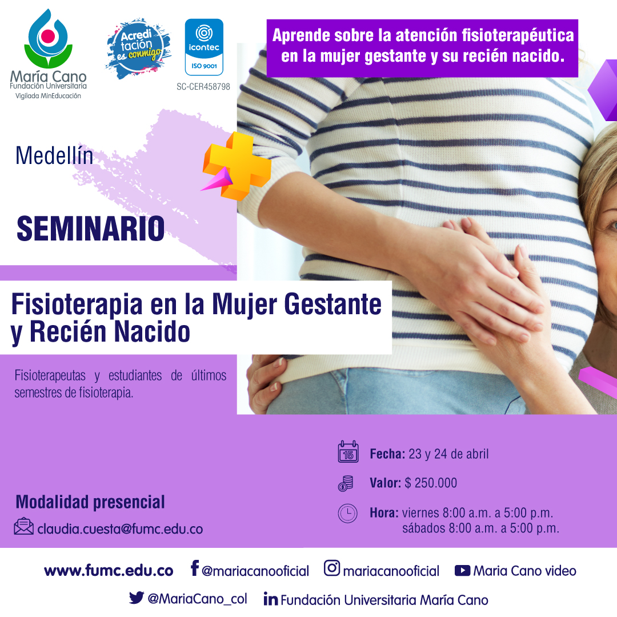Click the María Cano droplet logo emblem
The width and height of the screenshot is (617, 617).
point(49,39)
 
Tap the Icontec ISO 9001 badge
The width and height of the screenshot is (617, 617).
point(204,47)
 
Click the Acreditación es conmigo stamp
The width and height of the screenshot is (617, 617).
point(138,49)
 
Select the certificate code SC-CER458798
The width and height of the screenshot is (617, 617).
point(203,87)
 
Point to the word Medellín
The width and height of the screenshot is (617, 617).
point(54,155)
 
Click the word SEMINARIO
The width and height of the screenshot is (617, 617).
point(90,229)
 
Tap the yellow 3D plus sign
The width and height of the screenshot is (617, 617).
point(237,166)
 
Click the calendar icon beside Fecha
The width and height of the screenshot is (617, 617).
point(348,452)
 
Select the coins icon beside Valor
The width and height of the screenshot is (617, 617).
point(346,483)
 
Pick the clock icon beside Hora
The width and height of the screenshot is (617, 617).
point(348,514)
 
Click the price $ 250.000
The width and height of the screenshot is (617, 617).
point(431,483)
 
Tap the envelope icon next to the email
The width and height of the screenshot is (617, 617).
point(23,527)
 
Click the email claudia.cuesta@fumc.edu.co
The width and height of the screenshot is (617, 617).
point(120,529)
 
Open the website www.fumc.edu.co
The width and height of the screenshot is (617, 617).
point(109,571)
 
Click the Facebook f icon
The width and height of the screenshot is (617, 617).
point(195,568)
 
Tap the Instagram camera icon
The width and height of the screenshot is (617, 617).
point(332,568)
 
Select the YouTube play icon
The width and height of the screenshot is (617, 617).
point(462,571)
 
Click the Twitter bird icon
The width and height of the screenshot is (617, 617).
point(137,598)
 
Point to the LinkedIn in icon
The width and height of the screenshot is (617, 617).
point(271,599)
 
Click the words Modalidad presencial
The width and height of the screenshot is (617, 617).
point(90,502)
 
